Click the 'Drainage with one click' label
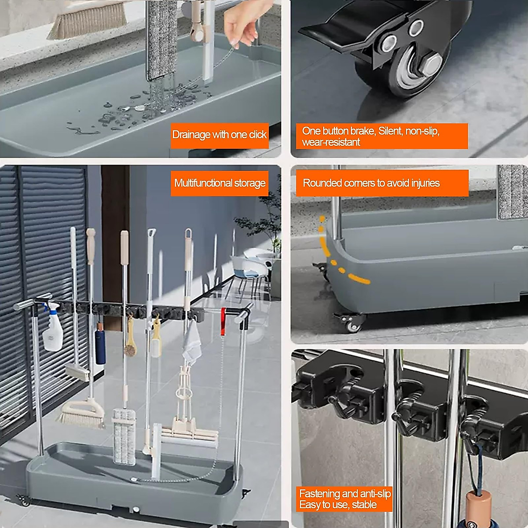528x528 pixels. [x=219, y=135]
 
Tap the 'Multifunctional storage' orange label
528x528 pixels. [x=220, y=183]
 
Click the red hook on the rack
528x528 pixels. [x=223, y=315]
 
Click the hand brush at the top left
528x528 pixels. [x=86, y=19]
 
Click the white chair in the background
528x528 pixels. [x=244, y=266]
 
